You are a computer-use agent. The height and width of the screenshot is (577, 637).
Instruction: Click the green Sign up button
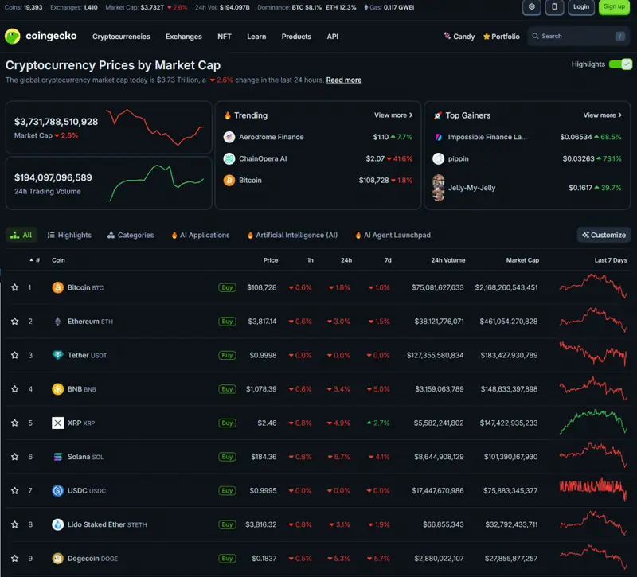pyautogui.click(x=614, y=7)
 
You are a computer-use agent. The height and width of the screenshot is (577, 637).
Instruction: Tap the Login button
pyautogui.click(x=581, y=7)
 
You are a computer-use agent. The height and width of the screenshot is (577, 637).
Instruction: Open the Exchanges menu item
pyautogui.click(x=184, y=37)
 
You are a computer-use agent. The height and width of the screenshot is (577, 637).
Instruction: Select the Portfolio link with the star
pyautogui.click(x=502, y=37)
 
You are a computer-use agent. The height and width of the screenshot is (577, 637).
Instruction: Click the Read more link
pyautogui.click(x=344, y=80)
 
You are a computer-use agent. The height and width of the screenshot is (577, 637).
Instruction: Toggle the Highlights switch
pyautogui.click(x=620, y=64)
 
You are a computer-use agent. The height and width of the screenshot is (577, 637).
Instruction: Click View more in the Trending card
pyautogui.click(x=393, y=115)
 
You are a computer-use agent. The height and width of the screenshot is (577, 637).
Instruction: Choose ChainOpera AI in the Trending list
pyautogui.click(x=263, y=158)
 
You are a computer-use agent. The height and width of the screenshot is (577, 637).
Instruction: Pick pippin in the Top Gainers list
pyautogui.click(x=459, y=158)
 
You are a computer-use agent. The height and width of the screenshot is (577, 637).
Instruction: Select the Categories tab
pyautogui.click(x=131, y=235)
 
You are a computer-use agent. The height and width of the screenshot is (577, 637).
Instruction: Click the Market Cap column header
pyautogui.click(x=522, y=260)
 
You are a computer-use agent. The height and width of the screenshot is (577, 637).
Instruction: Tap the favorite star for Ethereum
pyautogui.click(x=14, y=322)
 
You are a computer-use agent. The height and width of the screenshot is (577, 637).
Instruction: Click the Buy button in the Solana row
pyautogui.click(x=227, y=457)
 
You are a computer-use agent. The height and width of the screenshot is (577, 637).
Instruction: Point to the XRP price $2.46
pyautogui.click(x=267, y=423)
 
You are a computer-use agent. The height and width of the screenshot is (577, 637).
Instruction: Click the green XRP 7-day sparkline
pyautogui.click(x=592, y=422)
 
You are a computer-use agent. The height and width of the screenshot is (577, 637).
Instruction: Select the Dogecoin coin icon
pyautogui.click(x=57, y=559)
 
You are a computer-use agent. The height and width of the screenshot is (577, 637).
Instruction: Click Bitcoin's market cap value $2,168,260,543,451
pyautogui.click(x=506, y=287)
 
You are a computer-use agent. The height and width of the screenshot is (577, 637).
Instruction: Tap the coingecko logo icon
pyautogui.click(x=13, y=36)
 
